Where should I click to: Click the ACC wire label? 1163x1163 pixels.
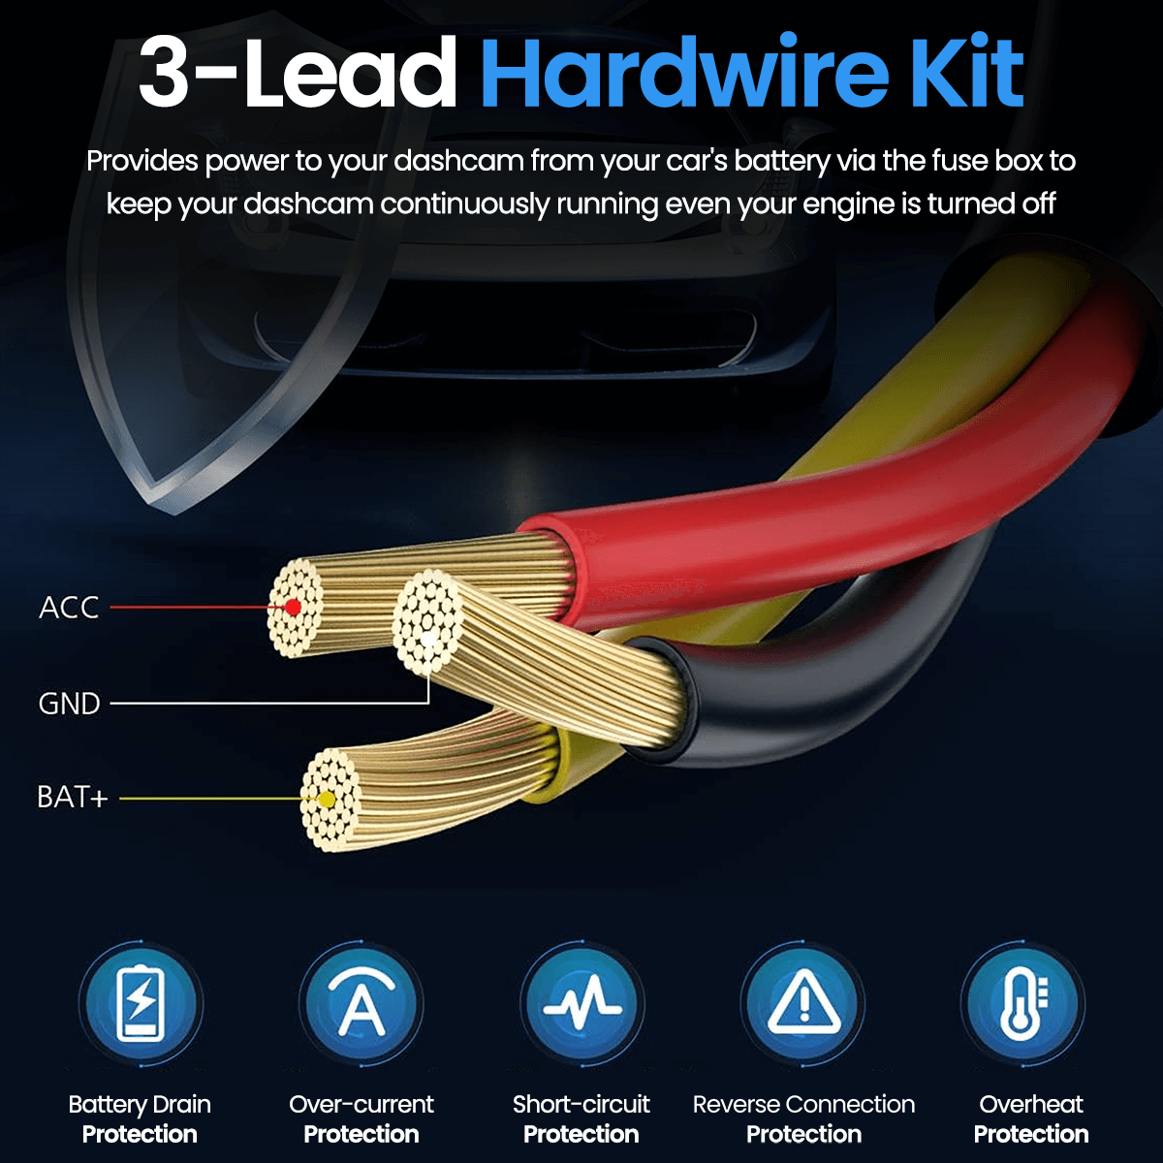point(69,608)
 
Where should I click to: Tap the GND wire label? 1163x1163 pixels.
point(69,703)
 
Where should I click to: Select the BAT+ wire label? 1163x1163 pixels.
point(72,798)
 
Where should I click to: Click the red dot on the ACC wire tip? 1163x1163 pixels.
point(293,608)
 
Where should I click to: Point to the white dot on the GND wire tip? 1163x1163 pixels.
point(427,638)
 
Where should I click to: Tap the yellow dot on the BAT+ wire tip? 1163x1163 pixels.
point(327,800)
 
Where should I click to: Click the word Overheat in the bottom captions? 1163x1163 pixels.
point(1031,1104)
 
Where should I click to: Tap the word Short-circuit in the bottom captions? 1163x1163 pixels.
point(581,1104)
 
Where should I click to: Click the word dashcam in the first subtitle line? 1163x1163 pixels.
point(458,161)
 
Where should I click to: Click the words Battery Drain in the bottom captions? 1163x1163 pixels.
point(140,1104)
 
